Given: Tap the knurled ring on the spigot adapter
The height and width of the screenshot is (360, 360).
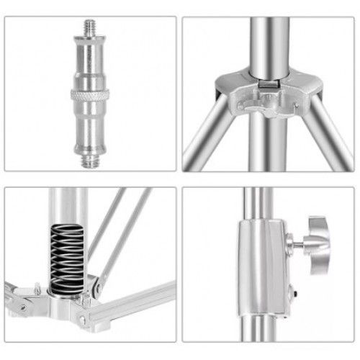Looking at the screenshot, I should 89,96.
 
